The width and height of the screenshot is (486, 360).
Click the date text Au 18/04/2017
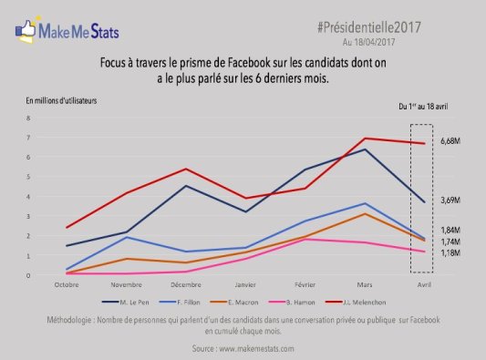pyautogui.click(x=372, y=42)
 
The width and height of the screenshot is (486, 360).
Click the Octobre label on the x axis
pyautogui.click(x=67, y=283)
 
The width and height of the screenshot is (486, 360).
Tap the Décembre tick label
pyautogui.click(x=186, y=283)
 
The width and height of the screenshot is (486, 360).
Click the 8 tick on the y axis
pyautogui.click(x=29, y=118)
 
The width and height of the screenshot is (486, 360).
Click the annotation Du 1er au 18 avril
pyautogui.click(x=424, y=107)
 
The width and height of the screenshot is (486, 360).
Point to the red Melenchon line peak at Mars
pyautogui.click(x=365, y=139)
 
